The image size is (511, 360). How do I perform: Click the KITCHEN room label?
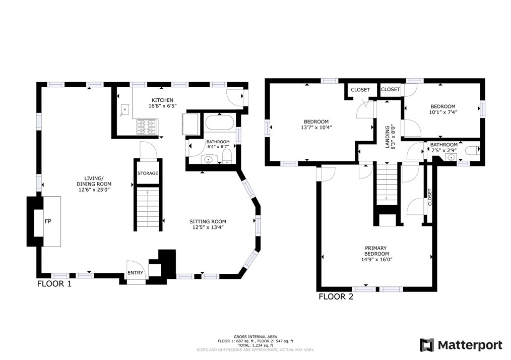162,100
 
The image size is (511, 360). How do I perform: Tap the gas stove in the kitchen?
147,127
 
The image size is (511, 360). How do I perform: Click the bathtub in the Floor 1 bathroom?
219,123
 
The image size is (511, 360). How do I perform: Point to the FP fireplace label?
48,221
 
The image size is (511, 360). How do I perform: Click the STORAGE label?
148,173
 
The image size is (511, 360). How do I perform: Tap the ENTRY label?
135,273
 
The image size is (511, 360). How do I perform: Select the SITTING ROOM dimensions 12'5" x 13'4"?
208,227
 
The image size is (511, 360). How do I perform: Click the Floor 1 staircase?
148,208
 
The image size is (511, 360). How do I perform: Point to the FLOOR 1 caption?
54,284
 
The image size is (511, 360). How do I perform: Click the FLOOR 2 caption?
336,296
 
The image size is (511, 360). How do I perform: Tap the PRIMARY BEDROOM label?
376,251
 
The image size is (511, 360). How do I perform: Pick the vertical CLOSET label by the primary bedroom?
429,197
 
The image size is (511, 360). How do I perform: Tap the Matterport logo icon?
427,345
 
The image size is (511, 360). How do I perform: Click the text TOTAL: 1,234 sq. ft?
255,345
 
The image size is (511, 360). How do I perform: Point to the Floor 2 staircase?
387,184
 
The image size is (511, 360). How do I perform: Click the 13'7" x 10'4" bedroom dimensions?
316,128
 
